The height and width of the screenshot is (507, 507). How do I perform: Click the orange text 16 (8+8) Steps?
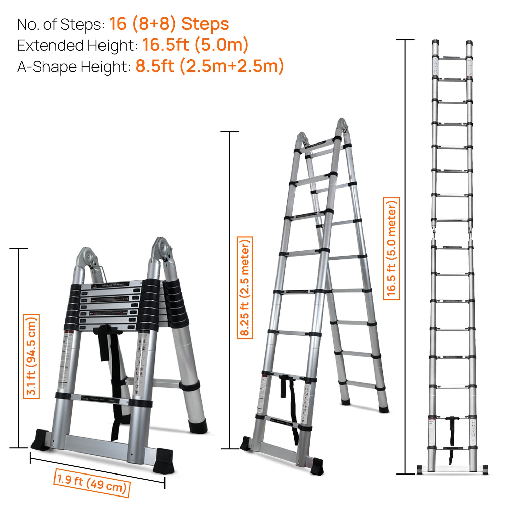[169, 24]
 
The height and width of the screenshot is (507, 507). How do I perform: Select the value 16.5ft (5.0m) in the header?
[195, 45]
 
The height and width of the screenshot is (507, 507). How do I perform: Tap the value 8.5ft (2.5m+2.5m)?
[210, 66]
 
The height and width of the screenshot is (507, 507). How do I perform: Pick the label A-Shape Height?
[74, 67]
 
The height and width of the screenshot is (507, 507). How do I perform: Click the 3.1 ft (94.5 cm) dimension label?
[31, 356]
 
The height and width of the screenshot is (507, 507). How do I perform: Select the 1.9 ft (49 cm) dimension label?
[92, 483]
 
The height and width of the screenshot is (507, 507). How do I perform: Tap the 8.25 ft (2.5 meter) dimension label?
[245, 287]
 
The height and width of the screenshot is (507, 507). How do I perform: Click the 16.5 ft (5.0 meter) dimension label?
[391, 248]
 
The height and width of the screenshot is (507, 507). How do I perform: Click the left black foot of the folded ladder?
[41, 440]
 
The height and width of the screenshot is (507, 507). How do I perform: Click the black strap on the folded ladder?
[113, 366]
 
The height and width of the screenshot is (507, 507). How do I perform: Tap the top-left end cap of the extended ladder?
[435, 43]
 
